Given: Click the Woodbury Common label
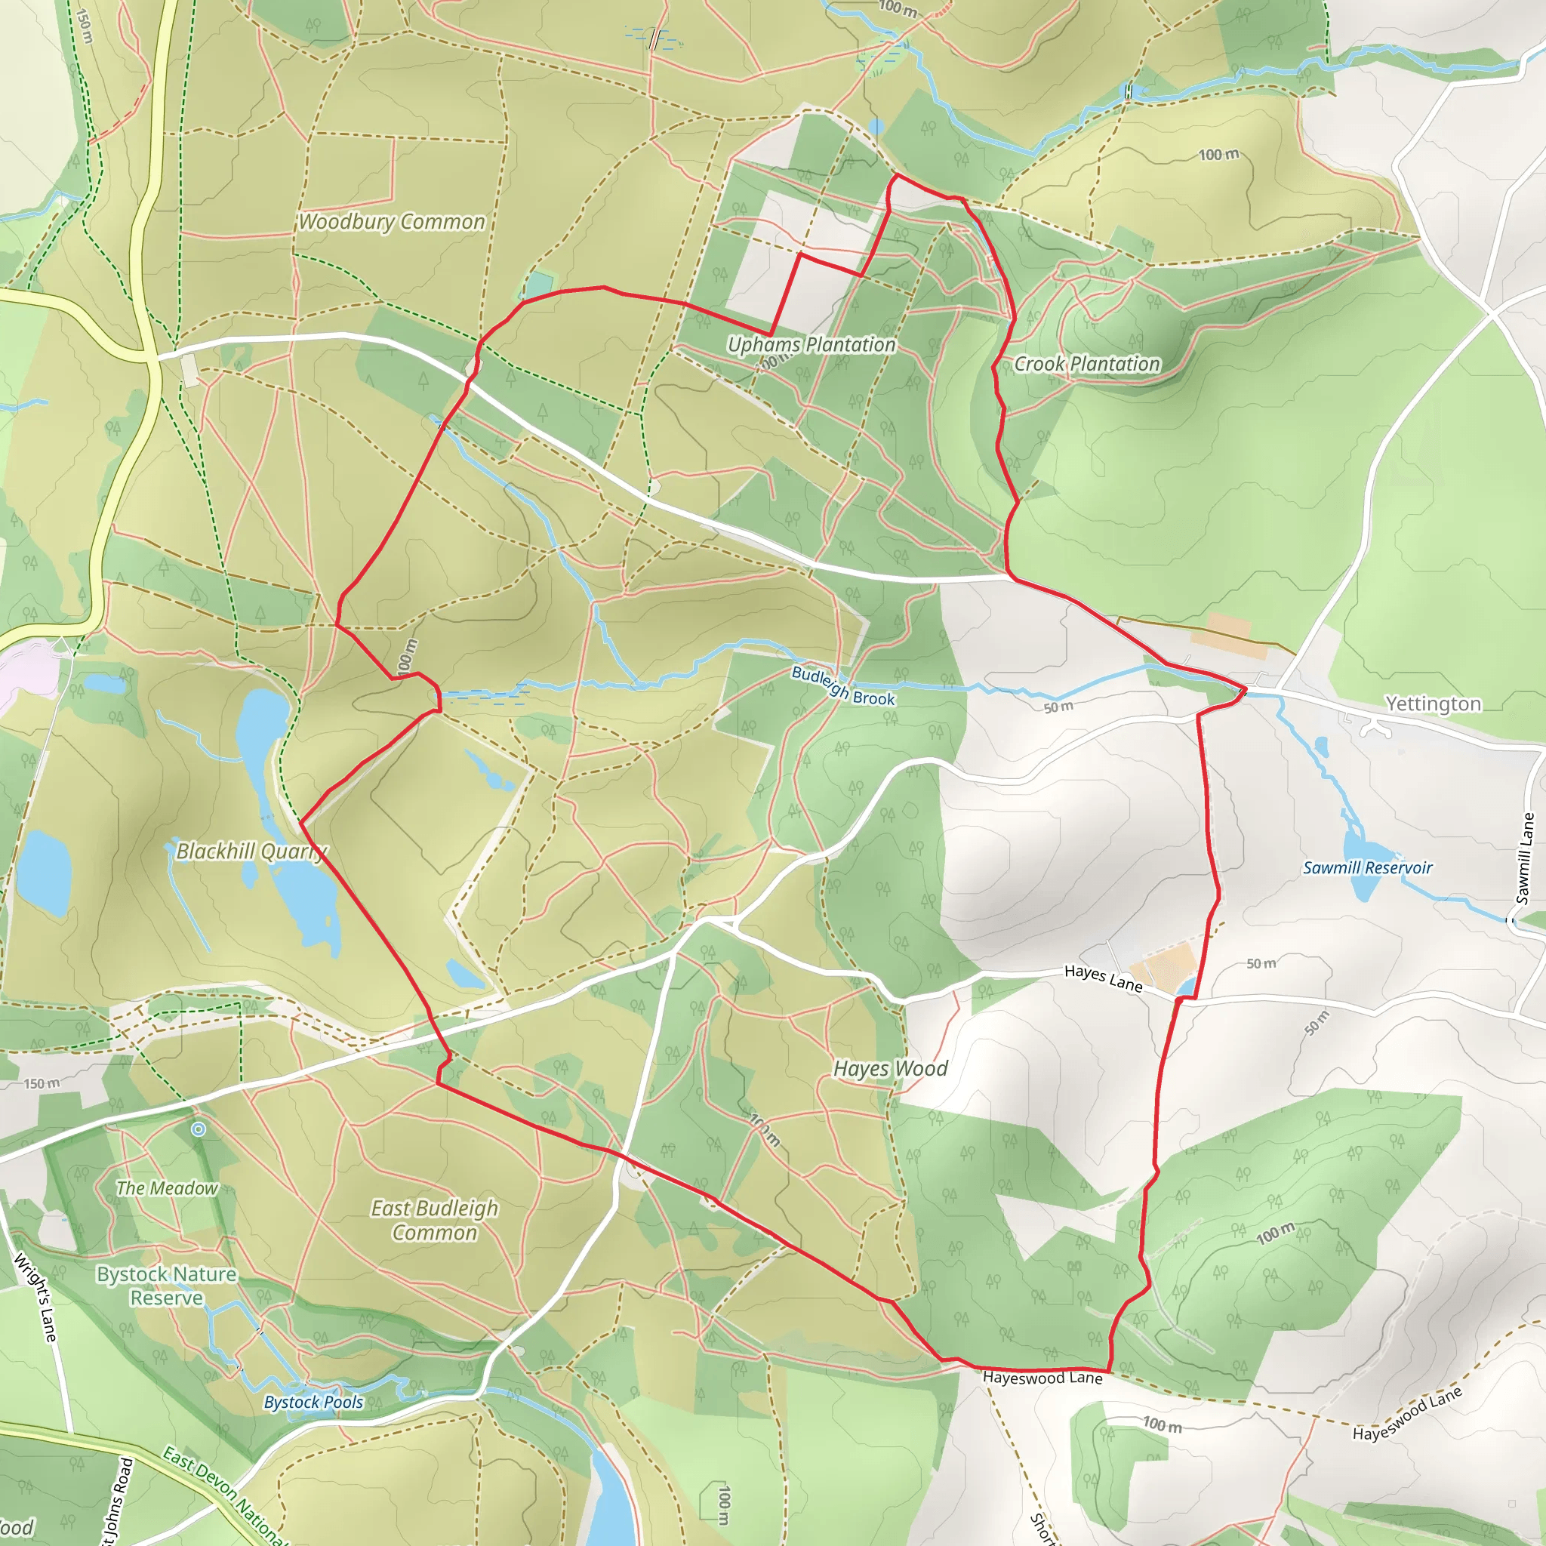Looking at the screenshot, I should pos(391,222).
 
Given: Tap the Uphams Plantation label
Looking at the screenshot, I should pos(811,345).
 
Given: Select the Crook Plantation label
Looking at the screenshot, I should pos(1087,364).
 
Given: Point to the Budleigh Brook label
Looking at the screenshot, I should pos(842,685).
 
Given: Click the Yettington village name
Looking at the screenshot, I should pos(1434,704).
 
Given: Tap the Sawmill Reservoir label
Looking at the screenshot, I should pos(1368,867).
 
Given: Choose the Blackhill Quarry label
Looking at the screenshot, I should pos(251,852).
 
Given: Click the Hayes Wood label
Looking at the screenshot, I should pos(890,1068).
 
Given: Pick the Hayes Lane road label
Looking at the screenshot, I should pos(1103,978).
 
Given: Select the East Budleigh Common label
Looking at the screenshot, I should pos(435,1221).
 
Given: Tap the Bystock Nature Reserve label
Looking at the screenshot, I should pos(166,1286).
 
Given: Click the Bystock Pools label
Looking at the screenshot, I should pos(314,1402).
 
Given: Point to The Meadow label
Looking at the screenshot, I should pos(166,1188).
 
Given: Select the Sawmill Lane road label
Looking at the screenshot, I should pos(1525,858).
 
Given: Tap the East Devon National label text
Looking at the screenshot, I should pos(224,1495).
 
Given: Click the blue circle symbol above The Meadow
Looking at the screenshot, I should pos(199,1129).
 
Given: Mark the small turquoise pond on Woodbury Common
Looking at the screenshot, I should pos(539,284).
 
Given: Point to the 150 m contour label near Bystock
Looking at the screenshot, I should pos(42,1083).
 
